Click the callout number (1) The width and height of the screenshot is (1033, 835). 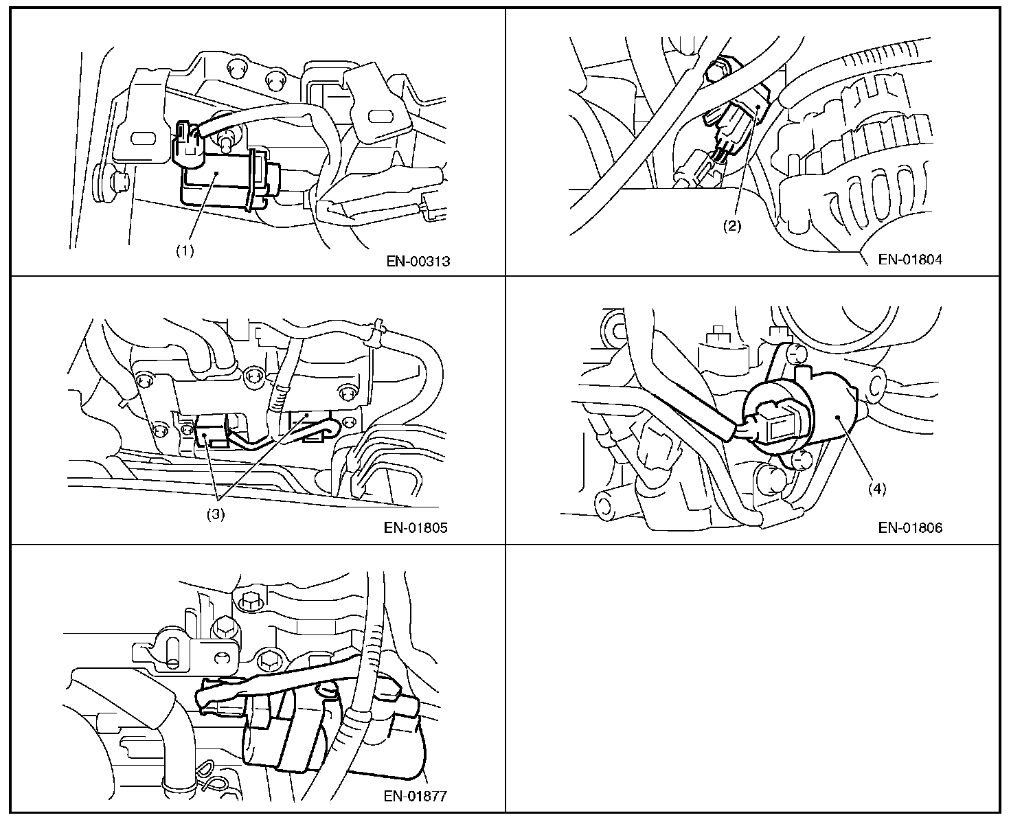184,251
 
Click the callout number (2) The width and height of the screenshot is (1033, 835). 732,227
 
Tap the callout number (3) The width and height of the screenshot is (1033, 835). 216,514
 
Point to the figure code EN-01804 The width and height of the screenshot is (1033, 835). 910,260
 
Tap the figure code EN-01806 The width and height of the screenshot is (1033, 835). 910,527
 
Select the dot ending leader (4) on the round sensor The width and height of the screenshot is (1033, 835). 839,417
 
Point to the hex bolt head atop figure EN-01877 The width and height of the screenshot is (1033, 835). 249,599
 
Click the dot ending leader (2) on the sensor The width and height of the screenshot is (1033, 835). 756,107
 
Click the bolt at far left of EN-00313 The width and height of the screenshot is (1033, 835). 120,182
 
